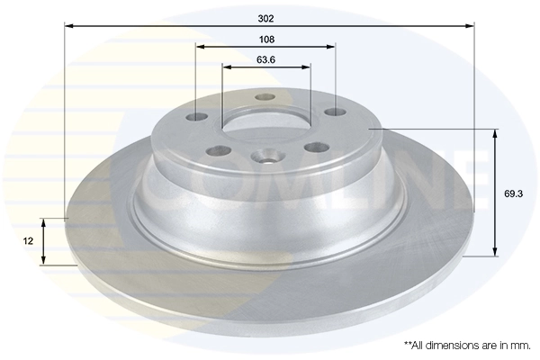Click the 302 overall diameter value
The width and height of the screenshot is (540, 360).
click(265, 18)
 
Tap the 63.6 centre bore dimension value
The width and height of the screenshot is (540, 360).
click(265, 60)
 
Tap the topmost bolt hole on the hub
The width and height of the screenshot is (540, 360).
click(265, 97)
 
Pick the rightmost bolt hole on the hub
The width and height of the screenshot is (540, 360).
click(335, 112)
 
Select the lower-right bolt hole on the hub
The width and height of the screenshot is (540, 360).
click(313, 148)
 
